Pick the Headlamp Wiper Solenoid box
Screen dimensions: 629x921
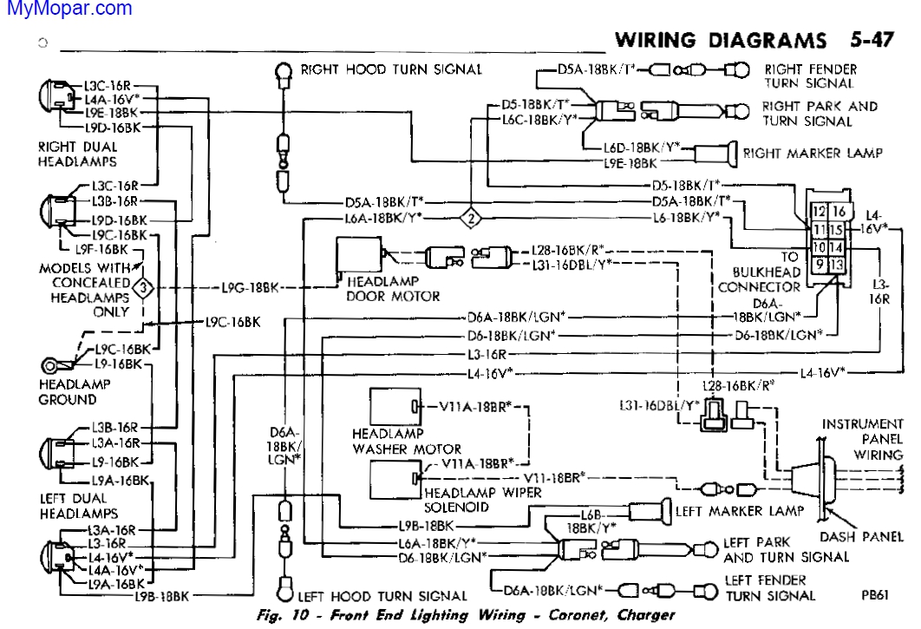point(395,477)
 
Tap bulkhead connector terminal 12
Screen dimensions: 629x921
point(819,212)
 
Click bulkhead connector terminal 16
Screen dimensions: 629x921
point(839,212)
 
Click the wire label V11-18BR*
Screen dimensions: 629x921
point(554,477)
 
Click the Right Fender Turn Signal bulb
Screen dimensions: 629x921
point(739,70)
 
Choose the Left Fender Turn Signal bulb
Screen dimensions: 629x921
point(706,592)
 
